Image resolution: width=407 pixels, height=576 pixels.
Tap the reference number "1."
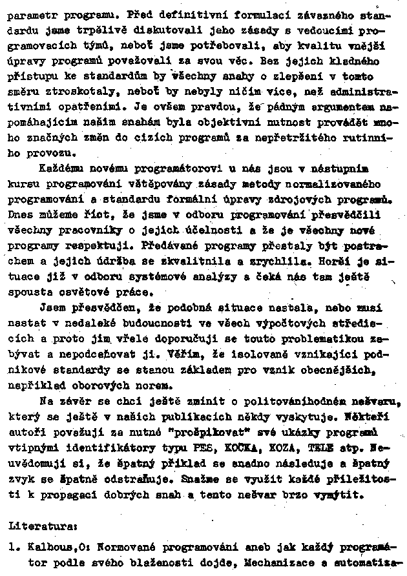14,546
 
